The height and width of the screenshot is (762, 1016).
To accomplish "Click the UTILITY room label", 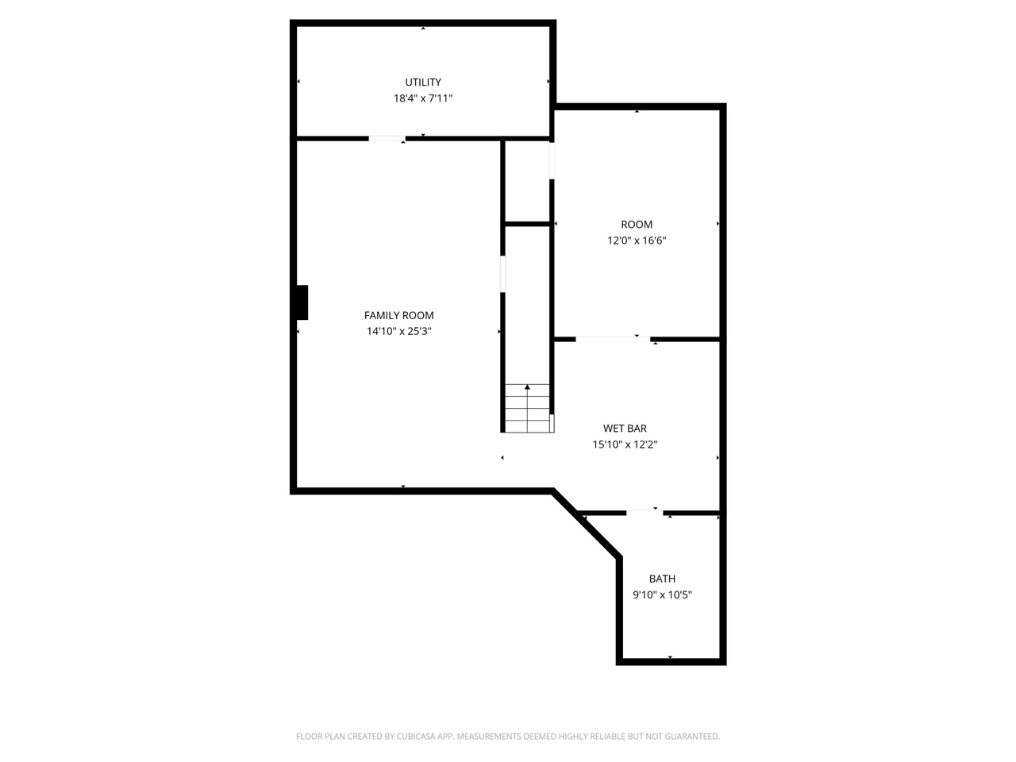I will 423,83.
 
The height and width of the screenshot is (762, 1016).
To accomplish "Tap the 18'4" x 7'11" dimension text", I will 423,98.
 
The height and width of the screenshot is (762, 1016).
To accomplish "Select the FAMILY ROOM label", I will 398,315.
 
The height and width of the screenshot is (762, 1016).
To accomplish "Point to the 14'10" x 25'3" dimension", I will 398,332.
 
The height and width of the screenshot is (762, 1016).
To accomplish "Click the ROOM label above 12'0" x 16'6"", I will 637,225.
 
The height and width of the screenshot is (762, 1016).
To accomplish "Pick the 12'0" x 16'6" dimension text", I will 637,241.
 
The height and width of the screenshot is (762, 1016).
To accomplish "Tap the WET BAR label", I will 625,429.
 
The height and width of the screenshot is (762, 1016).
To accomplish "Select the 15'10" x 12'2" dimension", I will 625,444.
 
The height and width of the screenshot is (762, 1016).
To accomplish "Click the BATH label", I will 662,579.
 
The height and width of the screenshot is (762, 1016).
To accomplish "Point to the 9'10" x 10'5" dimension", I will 662,595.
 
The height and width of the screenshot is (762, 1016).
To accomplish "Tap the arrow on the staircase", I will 527,388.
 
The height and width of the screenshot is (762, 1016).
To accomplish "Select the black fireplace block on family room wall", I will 302,302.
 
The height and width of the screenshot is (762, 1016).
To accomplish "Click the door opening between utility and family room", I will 387,139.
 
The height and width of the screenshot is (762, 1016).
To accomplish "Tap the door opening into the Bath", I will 644,513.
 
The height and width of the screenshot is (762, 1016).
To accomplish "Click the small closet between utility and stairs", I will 527,182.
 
